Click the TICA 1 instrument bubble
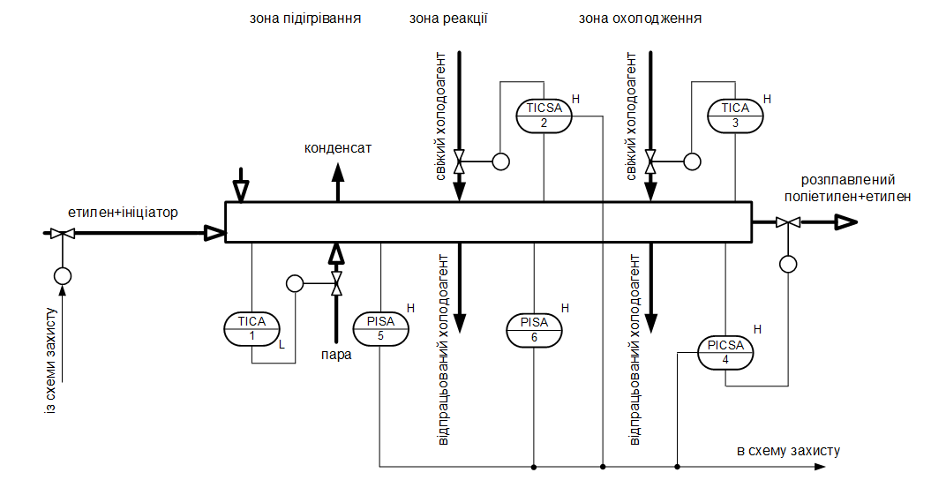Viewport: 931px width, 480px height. (x=252, y=329)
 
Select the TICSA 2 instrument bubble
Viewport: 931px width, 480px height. (x=544, y=116)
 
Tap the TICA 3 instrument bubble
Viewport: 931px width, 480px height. (x=735, y=116)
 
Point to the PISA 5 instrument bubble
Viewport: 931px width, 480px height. (x=380, y=329)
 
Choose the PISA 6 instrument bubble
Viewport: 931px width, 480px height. (x=535, y=329)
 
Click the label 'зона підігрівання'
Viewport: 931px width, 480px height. (x=305, y=18)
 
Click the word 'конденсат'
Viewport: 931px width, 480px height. (x=338, y=147)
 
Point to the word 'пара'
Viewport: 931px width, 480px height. (x=336, y=355)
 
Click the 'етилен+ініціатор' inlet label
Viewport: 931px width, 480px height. (x=123, y=213)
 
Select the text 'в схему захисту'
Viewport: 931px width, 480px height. (x=788, y=451)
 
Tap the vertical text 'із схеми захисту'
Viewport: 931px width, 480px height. (x=53, y=363)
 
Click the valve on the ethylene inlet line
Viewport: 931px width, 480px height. (x=62, y=234)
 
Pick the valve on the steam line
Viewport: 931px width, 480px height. (x=335, y=283)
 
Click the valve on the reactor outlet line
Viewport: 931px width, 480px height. (x=782, y=223)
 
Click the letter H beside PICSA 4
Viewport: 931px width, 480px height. (x=756, y=328)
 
